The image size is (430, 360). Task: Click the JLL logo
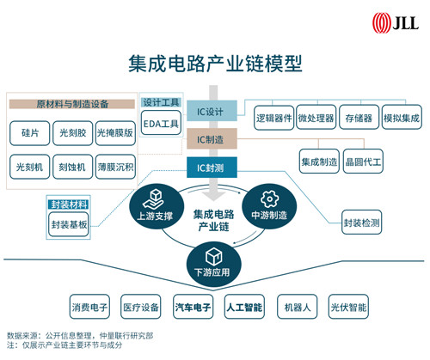pos(396,22)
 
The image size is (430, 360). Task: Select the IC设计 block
pos(212,111)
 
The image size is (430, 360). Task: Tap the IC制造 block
pos(212,139)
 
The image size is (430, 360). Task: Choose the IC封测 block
pos(212,168)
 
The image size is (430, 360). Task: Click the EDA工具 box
pos(161,123)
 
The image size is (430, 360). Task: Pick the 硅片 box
pos(30,133)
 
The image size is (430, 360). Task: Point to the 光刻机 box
pos(30,167)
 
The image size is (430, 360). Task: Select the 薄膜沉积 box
pos(115,167)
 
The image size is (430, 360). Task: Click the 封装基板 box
pos(69,224)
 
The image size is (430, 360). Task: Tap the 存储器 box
pos(359,118)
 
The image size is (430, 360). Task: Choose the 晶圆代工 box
pos(363,162)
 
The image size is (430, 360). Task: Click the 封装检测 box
pos(362,223)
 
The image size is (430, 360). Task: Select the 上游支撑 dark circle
pos(157,206)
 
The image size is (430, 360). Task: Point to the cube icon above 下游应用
pos(214,256)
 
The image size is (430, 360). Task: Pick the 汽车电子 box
pos(193,307)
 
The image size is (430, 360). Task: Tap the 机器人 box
pos(298,307)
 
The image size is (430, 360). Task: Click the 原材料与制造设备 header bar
pos(72,104)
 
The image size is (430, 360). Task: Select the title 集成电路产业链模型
pos(215,64)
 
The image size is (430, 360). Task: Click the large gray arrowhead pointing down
pos(213,196)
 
